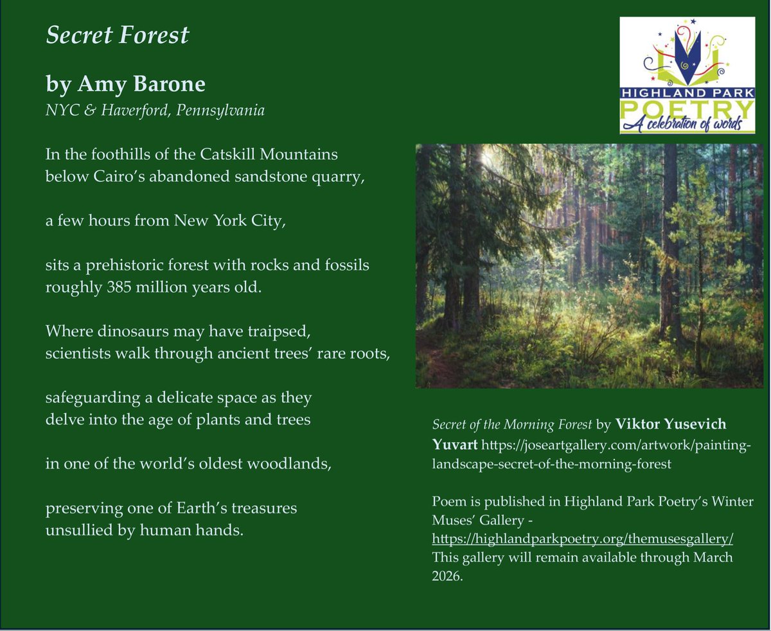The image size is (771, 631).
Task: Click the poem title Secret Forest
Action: tap(118, 35)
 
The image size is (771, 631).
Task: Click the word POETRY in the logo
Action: tap(687, 107)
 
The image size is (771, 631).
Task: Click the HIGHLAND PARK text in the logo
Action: tap(687, 93)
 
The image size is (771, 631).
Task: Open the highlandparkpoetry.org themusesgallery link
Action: tap(583, 537)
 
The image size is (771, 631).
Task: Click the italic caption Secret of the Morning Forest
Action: tap(511, 425)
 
